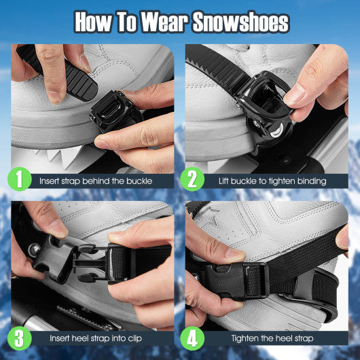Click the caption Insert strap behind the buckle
click(x=95, y=181)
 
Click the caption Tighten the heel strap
click(x=271, y=338)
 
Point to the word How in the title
click(x=94, y=22)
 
